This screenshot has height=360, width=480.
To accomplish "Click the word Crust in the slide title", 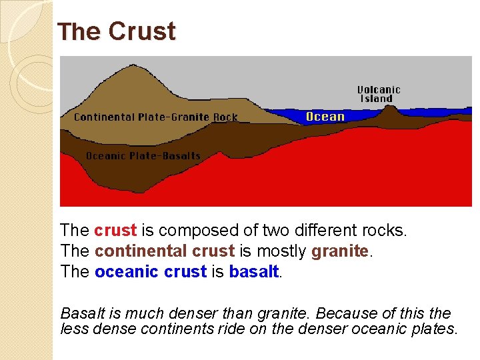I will [142, 32].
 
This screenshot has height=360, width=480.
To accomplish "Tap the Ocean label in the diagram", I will [325, 117].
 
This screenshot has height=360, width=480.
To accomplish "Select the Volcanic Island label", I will [379, 94].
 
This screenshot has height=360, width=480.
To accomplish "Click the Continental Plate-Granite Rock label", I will [155, 117].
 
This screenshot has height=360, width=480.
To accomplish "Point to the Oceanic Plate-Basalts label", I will [143, 156].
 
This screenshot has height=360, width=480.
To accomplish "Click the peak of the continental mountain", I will [136, 66].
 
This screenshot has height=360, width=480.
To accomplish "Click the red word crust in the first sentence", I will [115, 231].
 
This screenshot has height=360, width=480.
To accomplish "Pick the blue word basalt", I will [253, 272].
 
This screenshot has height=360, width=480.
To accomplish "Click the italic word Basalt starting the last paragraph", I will [80, 313].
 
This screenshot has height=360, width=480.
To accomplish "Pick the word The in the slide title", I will [79, 32].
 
